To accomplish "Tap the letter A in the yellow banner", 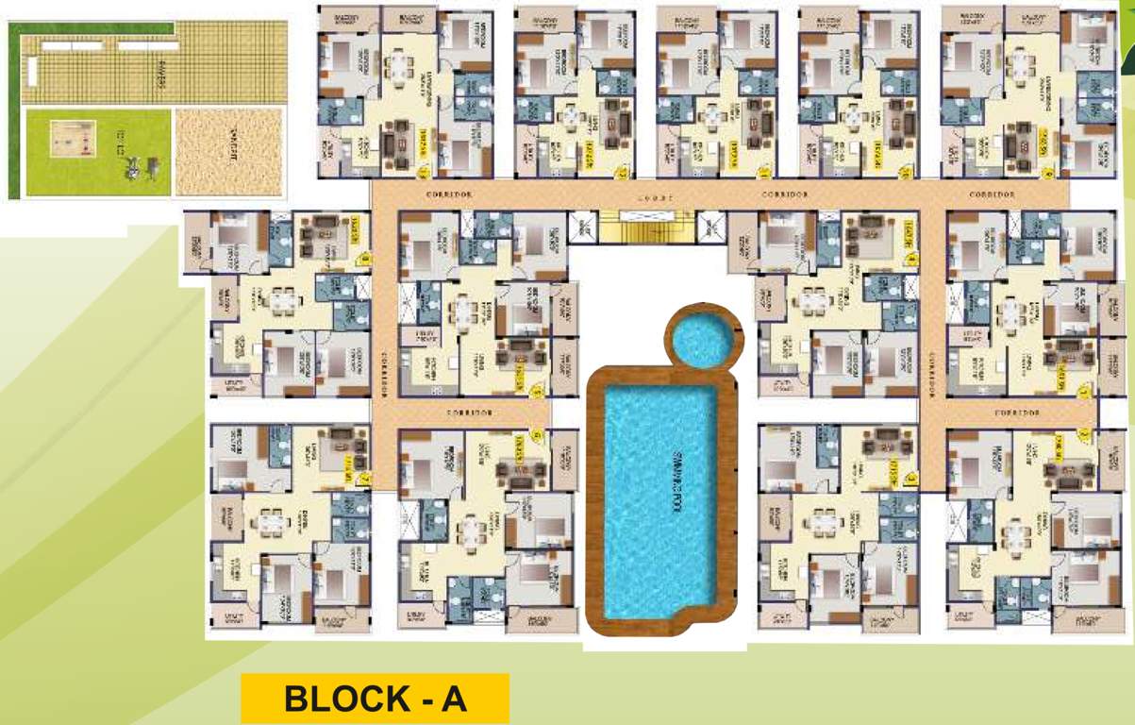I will tap(454, 700).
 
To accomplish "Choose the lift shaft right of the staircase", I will tap(709, 228).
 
